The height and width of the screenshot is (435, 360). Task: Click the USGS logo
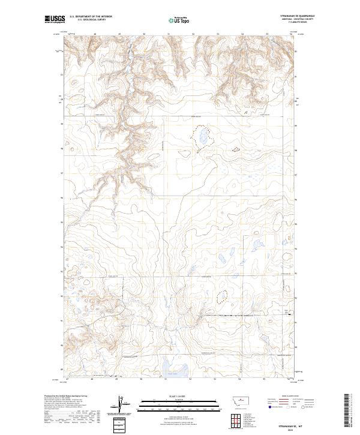pos(55,20)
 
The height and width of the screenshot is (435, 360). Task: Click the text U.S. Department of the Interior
pos(91,17)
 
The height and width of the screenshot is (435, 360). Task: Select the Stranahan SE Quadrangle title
pos(298,16)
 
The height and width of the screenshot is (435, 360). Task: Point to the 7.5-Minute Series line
pos(298,23)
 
